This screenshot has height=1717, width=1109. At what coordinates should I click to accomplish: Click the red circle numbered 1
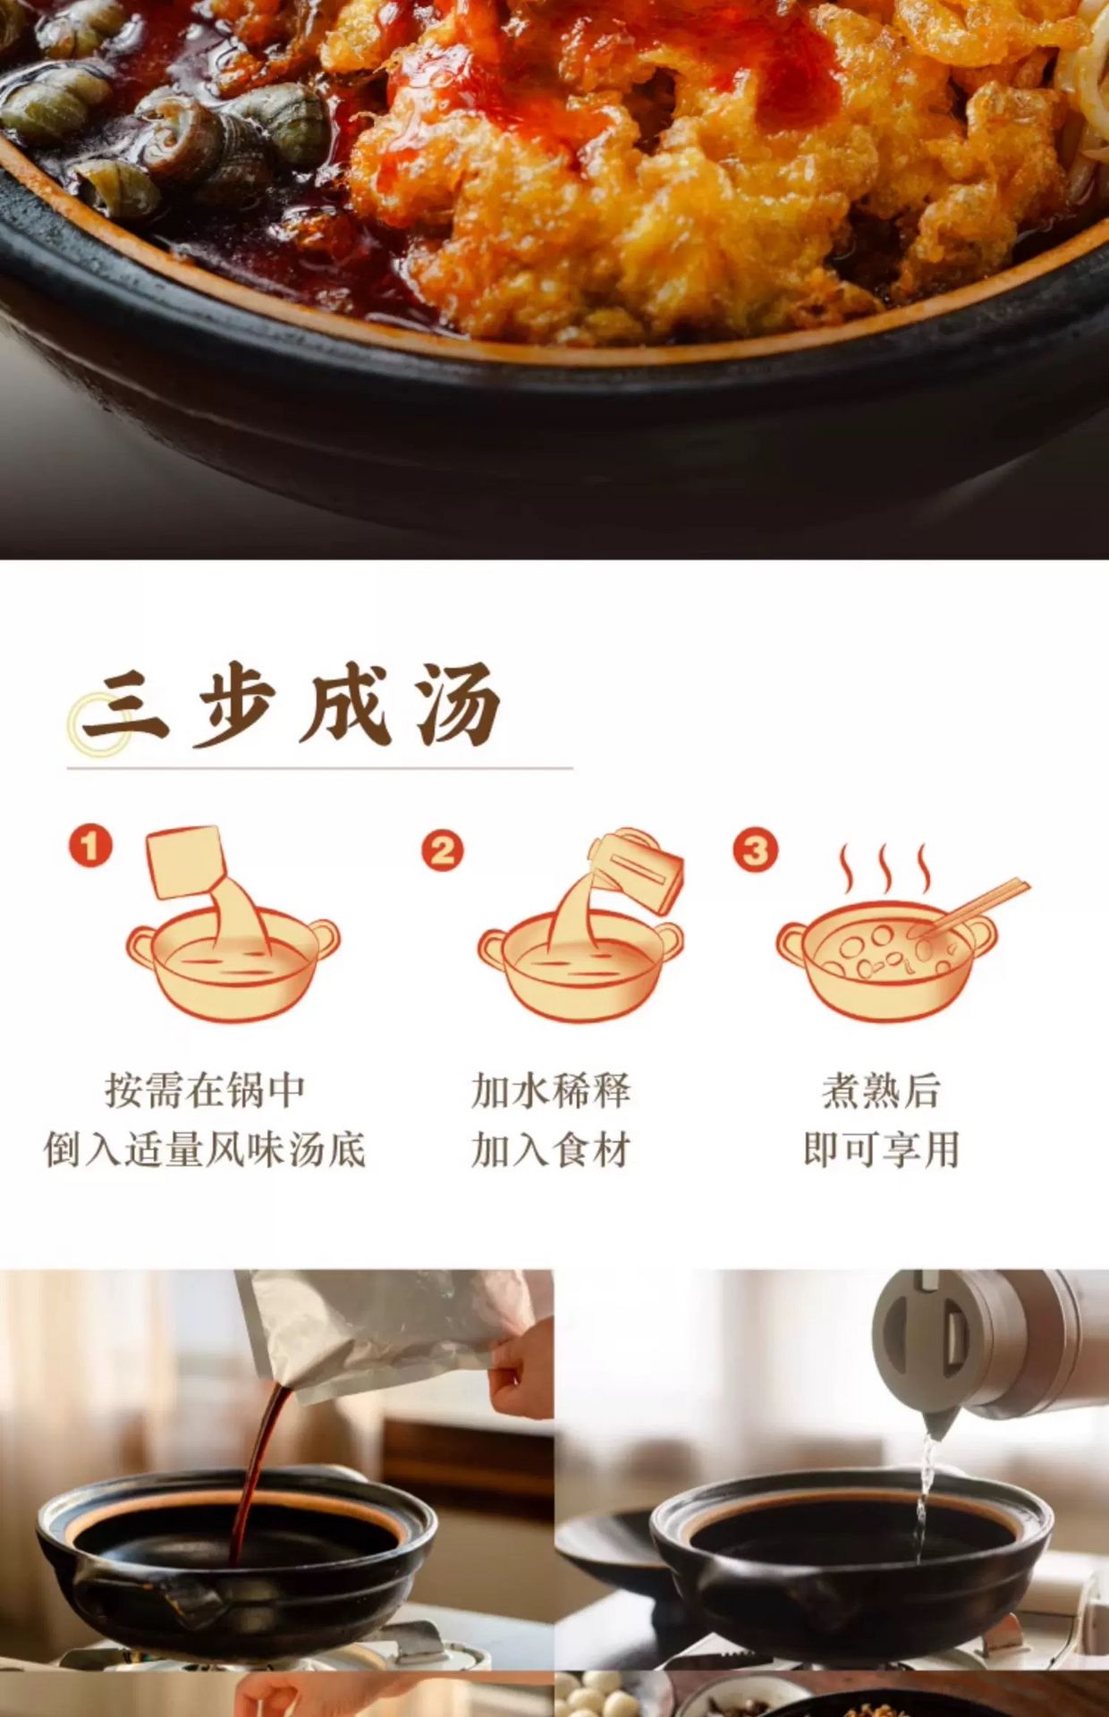click(x=90, y=846)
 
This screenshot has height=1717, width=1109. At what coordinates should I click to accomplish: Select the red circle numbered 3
click(x=756, y=850)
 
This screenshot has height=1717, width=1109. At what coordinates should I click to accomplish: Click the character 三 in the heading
click(x=126, y=711)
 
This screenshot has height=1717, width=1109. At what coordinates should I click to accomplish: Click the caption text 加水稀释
click(x=551, y=1091)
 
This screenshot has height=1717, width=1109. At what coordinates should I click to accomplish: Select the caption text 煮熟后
click(x=881, y=1091)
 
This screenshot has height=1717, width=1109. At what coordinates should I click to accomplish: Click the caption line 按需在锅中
click(x=206, y=1091)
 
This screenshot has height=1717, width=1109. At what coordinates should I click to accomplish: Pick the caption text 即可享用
click(x=881, y=1150)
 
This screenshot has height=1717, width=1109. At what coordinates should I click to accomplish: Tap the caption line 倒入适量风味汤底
click(x=205, y=1150)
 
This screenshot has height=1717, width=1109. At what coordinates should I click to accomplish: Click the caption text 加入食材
click(x=551, y=1150)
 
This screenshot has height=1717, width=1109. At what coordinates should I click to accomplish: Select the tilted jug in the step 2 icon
click(x=637, y=870)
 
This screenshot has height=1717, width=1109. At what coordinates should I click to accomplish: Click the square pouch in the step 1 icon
click(x=185, y=862)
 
